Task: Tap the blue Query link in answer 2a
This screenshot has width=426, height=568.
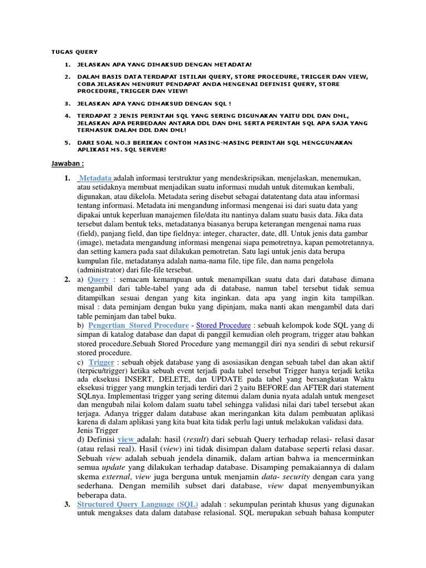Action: click(98, 279)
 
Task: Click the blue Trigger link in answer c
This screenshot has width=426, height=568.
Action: click(102, 362)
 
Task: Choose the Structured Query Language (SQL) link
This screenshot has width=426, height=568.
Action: click(143, 504)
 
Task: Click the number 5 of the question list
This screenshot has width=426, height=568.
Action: click(67, 142)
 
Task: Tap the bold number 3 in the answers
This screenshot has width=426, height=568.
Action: click(67, 504)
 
